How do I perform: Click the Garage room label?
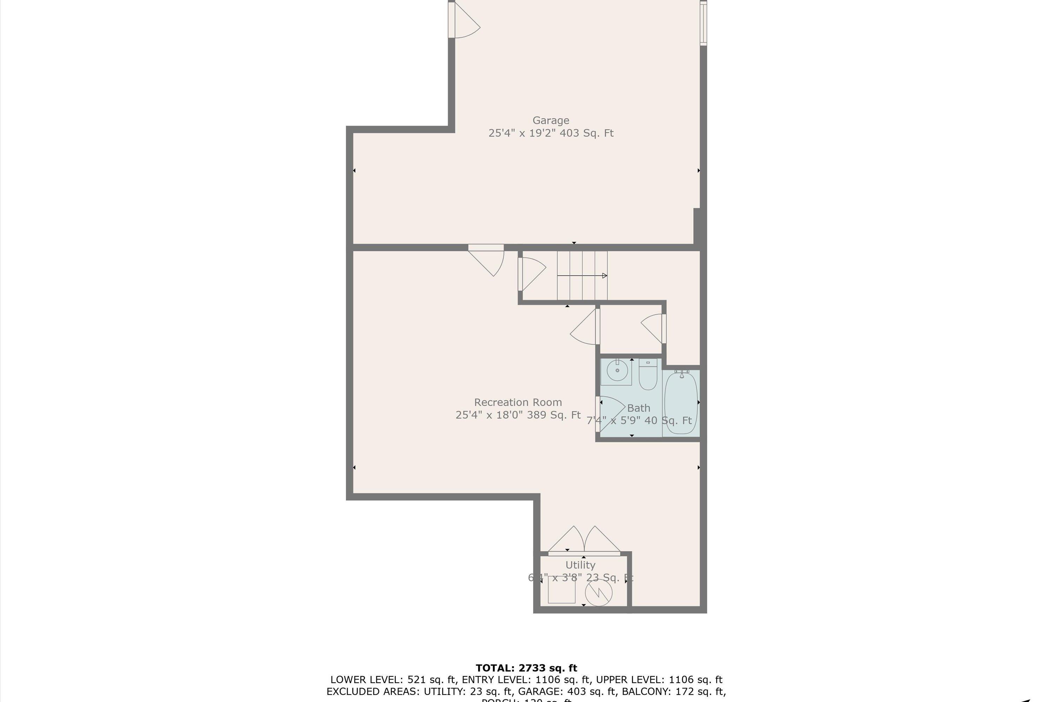[551, 120]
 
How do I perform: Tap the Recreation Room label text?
[518, 402]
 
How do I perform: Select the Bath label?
[638, 408]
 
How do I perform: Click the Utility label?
[580, 565]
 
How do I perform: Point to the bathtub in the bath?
[681, 403]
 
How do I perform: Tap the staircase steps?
[582, 275]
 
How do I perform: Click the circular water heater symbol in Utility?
[598, 593]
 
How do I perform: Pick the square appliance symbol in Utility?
[561, 590]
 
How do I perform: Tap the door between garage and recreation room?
[488, 260]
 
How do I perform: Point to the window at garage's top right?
[703, 22]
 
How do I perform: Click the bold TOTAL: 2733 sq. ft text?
[526, 668]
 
